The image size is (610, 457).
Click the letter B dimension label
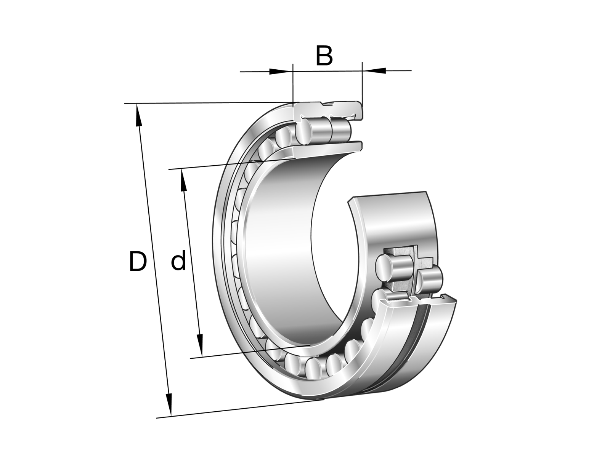click(x=324, y=56)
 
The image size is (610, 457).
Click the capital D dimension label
click(x=138, y=261)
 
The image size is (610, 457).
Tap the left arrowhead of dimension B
click(x=281, y=71)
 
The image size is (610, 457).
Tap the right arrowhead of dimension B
click(x=374, y=70)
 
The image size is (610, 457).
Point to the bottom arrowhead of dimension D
click(x=169, y=404)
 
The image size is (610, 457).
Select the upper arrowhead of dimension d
click(x=183, y=180)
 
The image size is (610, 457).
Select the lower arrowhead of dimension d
click(x=199, y=345)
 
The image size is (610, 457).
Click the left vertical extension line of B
click(x=293, y=83)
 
